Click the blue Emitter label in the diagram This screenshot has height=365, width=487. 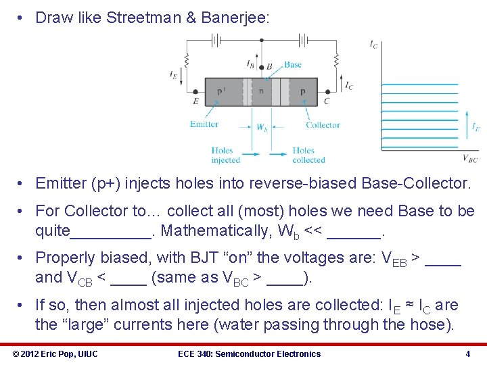(x=204, y=124)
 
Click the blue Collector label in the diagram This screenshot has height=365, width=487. (x=323, y=125)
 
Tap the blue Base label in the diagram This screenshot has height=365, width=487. (x=292, y=65)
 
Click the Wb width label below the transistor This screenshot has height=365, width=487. (x=262, y=128)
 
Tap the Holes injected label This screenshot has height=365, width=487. (x=225, y=155)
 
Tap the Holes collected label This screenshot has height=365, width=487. (x=308, y=155)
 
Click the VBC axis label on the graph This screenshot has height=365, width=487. (x=469, y=159)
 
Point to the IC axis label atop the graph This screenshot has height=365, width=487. (x=373, y=44)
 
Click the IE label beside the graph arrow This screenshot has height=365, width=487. (x=476, y=126)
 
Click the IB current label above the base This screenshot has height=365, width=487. (x=251, y=64)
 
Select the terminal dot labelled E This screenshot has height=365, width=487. (x=196, y=91)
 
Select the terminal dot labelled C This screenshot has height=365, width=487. (x=328, y=91)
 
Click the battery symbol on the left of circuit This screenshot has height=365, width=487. (x=216, y=39)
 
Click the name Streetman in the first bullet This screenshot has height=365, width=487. (x=143, y=18)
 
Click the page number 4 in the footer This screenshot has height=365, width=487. (x=467, y=354)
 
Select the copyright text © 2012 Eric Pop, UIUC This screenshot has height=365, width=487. (x=55, y=354)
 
